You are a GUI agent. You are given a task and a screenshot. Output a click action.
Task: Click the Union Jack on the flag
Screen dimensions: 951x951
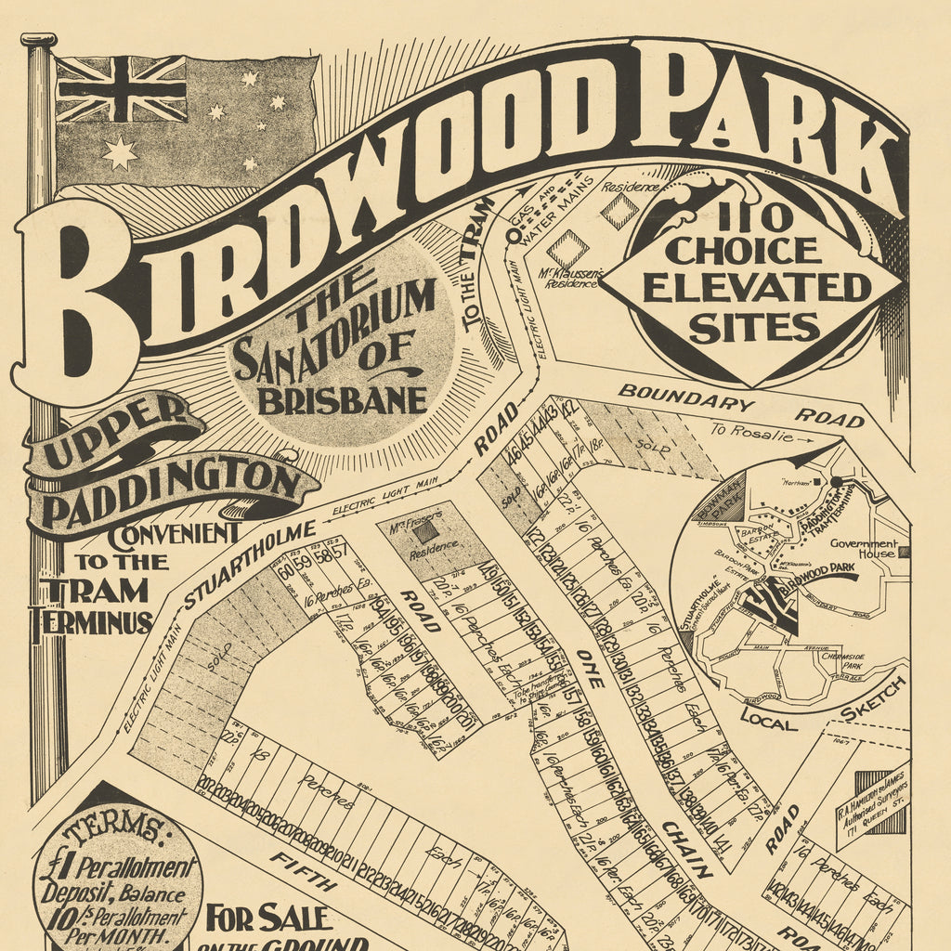pos(121,89)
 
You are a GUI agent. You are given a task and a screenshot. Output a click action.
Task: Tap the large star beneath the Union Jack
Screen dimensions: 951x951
pos(120,153)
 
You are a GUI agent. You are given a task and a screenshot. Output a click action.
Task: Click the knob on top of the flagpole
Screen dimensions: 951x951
pos(39,40)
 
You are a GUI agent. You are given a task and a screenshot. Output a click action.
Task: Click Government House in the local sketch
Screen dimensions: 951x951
pos(863,548)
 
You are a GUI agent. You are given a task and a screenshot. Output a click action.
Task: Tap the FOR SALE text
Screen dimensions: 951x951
pos(268,918)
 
